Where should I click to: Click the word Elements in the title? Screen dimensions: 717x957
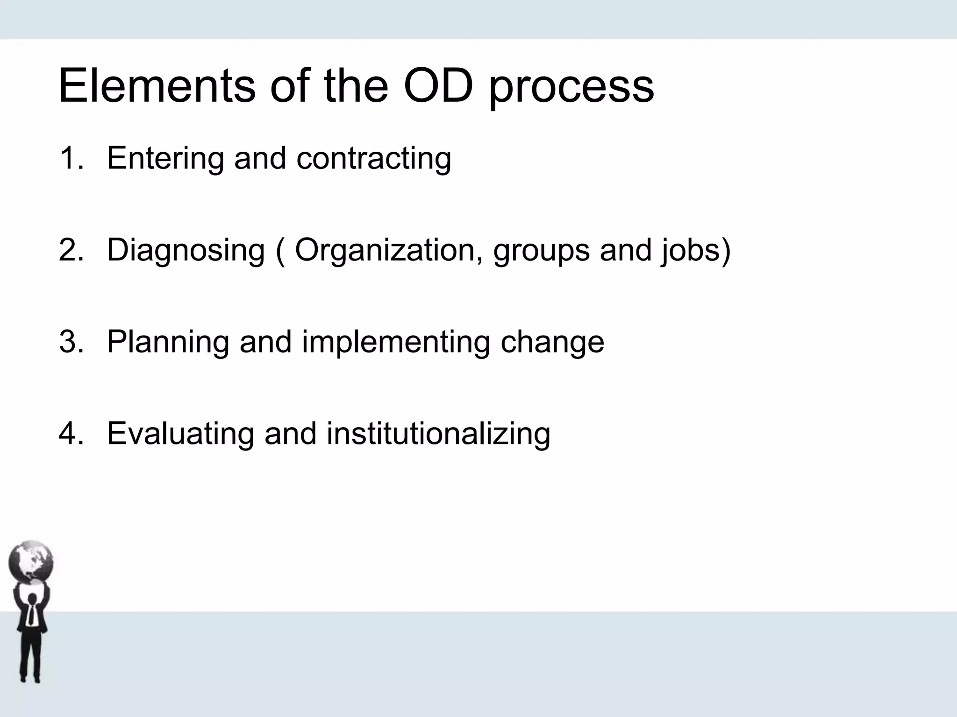[157, 86]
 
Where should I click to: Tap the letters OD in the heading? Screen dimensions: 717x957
[438, 86]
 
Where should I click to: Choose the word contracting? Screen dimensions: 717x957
[374, 159]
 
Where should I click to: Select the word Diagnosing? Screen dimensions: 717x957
[186, 251]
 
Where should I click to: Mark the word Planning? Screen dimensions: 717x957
[168, 342]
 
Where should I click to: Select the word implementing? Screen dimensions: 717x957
[396, 342]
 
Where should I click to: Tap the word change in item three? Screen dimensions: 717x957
[552, 342]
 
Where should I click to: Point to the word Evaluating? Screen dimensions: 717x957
[180, 433]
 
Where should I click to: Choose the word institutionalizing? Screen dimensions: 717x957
[438, 433]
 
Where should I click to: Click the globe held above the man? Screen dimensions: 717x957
[31, 562]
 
